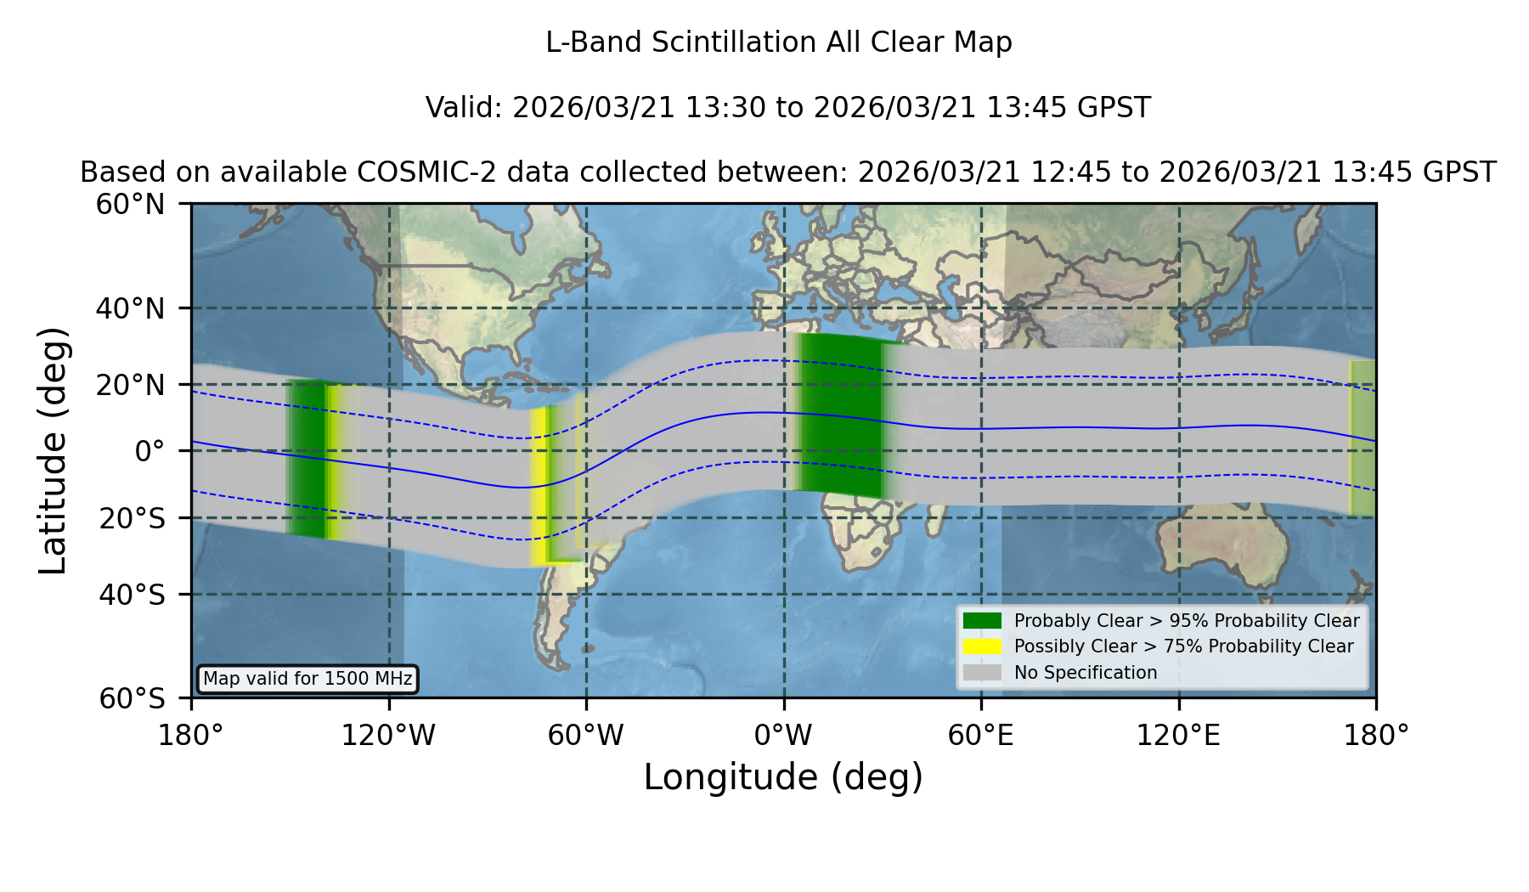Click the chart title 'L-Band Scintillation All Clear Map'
click(x=779, y=42)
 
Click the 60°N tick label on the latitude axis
click(x=131, y=205)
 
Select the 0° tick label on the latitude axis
click(x=150, y=451)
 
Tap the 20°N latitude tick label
click(x=131, y=385)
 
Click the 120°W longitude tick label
click(x=388, y=735)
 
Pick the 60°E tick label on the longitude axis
click(x=981, y=735)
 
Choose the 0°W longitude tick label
click(x=783, y=735)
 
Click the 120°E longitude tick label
click(x=1178, y=735)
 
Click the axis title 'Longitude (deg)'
click(x=783, y=777)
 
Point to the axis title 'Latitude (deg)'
click(x=53, y=450)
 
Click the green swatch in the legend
click(x=982, y=621)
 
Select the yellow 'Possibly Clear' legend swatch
click(x=982, y=646)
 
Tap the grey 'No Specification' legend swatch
click(x=982, y=673)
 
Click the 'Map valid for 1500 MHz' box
click(x=307, y=679)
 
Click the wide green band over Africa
click(x=841, y=415)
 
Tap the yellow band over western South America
click(x=539, y=487)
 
